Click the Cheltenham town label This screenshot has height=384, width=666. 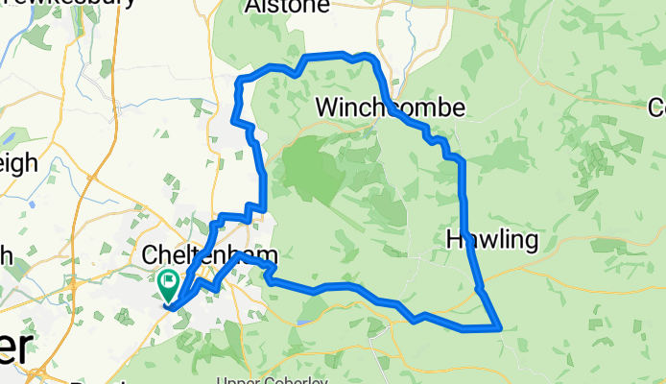point(209,256)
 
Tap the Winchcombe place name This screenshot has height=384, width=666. point(391,107)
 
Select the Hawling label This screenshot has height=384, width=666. point(490,240)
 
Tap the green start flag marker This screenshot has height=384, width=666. point(167,284)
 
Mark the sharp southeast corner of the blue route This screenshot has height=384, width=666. point(500,327)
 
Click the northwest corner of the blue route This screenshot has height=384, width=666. point(241,78)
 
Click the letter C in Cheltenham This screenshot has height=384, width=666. point(150,256)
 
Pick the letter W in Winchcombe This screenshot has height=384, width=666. point(327,107)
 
